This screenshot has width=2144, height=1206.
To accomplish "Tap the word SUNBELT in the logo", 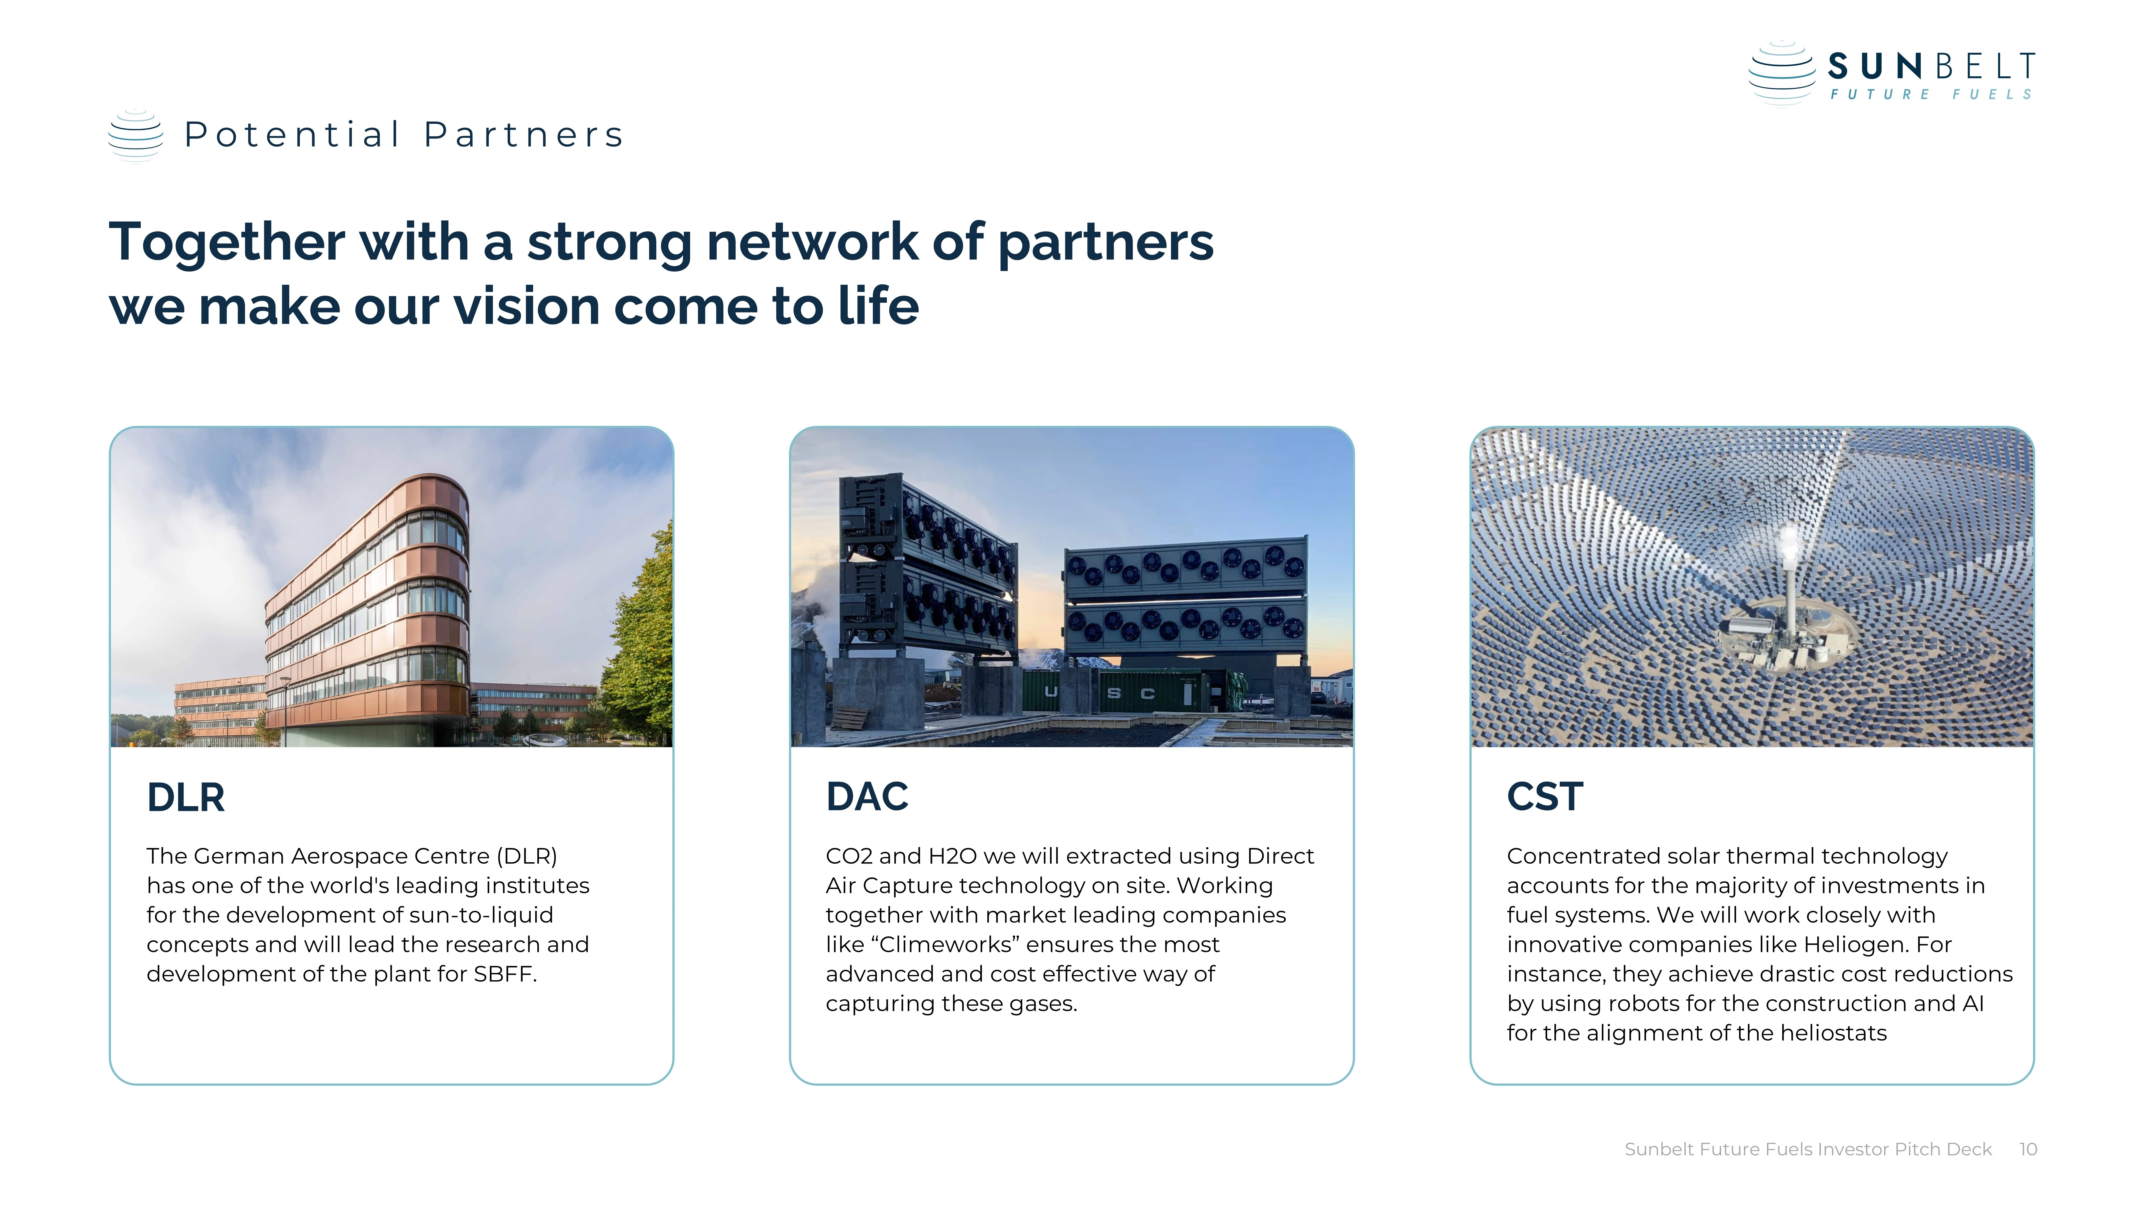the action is (x=1931, y=66).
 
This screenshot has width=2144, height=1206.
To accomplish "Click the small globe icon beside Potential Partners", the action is (x=136, y=135).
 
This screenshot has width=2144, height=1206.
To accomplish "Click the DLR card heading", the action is (x=186, y=797).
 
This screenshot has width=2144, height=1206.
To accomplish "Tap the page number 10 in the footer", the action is (x=2027, y=1149).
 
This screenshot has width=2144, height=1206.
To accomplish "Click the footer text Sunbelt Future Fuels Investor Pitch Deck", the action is (x=1808, y=1149).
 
